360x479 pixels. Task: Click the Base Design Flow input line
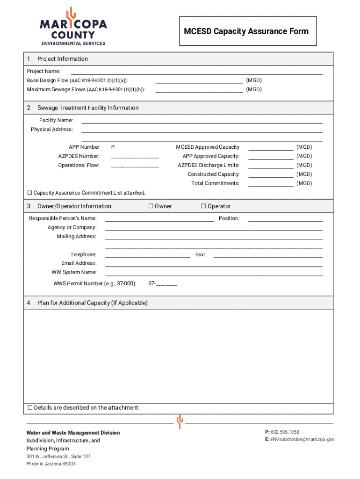[x=199, y=80]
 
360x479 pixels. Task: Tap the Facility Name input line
[x=202, y=120]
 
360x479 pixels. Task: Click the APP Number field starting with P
[x=135, y=147]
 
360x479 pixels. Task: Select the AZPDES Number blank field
[x=135, y=156]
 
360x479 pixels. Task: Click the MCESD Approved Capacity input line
[x=271, y=147]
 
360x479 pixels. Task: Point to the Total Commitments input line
[x=271, y=184]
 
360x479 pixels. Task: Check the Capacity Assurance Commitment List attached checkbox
[x=30, y=193]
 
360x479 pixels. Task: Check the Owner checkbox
[x=151, y=206]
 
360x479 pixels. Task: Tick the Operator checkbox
[x=204, y=206]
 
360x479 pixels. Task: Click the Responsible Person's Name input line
[x=159, y=218]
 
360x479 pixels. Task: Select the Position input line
[x=285, y=218]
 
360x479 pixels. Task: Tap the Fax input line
[x=268, y=255]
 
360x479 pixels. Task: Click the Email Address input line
[x=214, y=263]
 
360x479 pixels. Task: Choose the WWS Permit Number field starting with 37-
[x=163, y=283]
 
